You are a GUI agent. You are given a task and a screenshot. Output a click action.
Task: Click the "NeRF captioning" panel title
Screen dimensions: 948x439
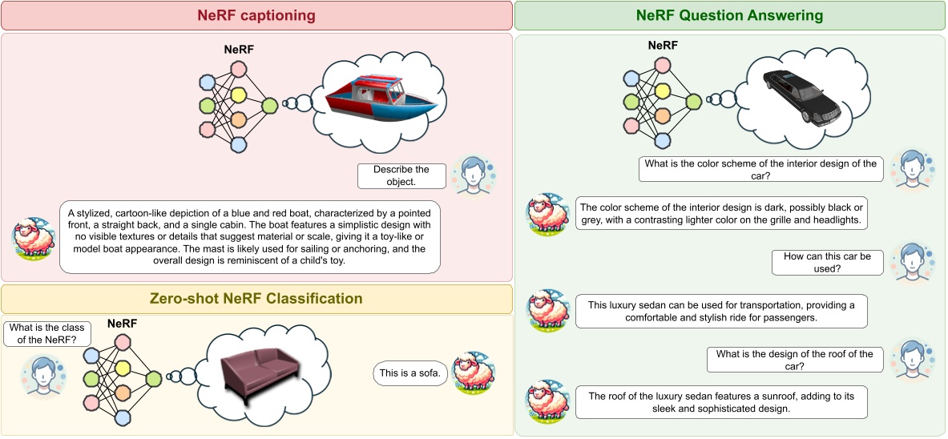[256, 16]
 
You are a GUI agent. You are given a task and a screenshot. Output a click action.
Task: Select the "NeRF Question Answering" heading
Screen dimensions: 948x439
[730, 16]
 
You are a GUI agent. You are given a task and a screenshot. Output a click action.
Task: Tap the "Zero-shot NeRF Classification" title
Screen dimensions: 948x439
[256, 298]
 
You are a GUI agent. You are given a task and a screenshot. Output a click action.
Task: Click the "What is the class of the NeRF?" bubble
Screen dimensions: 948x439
[47, 333]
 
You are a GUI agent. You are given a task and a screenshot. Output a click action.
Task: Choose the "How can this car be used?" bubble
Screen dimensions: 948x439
[827, 262]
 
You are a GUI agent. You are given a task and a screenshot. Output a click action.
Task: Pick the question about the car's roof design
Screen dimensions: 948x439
[794, 360]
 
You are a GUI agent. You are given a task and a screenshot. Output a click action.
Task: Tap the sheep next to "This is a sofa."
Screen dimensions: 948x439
[474, 373]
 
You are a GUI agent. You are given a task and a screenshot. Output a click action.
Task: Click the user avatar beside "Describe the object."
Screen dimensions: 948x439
[474, 175]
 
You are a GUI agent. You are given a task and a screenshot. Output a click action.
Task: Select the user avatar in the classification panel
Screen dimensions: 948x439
[42, 376]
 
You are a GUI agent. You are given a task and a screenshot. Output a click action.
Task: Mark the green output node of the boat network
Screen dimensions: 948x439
[269, 106]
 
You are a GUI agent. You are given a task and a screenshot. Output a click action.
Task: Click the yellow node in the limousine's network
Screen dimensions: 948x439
[664, 91]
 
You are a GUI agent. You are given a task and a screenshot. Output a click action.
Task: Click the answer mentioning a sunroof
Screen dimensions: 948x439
[722, 402]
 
